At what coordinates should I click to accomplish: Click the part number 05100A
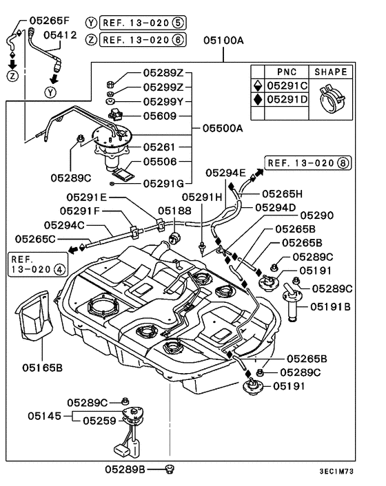pyautogui.click(x=223, y=41)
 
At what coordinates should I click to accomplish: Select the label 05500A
pyautogui.click(x=223, y=128)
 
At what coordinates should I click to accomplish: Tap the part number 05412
pyautogui.click(x=60, y=34)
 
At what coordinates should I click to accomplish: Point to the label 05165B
pyautogui.click(x=42, y=368)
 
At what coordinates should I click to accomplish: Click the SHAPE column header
pyautogui.click(x=331, y=72)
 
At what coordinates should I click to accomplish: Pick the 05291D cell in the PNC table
pyautogui.click(x=287, y=99)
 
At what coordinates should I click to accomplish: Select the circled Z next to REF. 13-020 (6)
pyautogui.click(x=91, y=40)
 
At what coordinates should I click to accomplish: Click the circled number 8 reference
pyautogui.click(x=343, y=163)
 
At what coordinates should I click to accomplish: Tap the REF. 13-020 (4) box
pyautogui.click(x=38, y=264)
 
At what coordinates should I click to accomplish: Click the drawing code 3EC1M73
pyautogui.click(x=336, y=472)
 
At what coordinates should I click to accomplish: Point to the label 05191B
pyautogui.click(x=330, y=306)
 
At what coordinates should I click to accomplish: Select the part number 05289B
pyautogui.click(x=125, y=469)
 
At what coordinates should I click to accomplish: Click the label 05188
pyautogui.click(x=174, y=211)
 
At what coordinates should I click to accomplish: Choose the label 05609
pyautogui.click(x=160, y=116)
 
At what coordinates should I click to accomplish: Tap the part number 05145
pyautogui.click(x=44, y=416)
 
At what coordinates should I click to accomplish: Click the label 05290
pyautogui.click(x=317, y=215)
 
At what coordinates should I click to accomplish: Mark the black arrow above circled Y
pyautogui.click(x=54, y=78)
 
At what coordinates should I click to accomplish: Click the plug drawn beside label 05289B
pyautogui.click(x=170, y=469)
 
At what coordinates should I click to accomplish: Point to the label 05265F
pyautogui.click(x=50, y=21)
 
